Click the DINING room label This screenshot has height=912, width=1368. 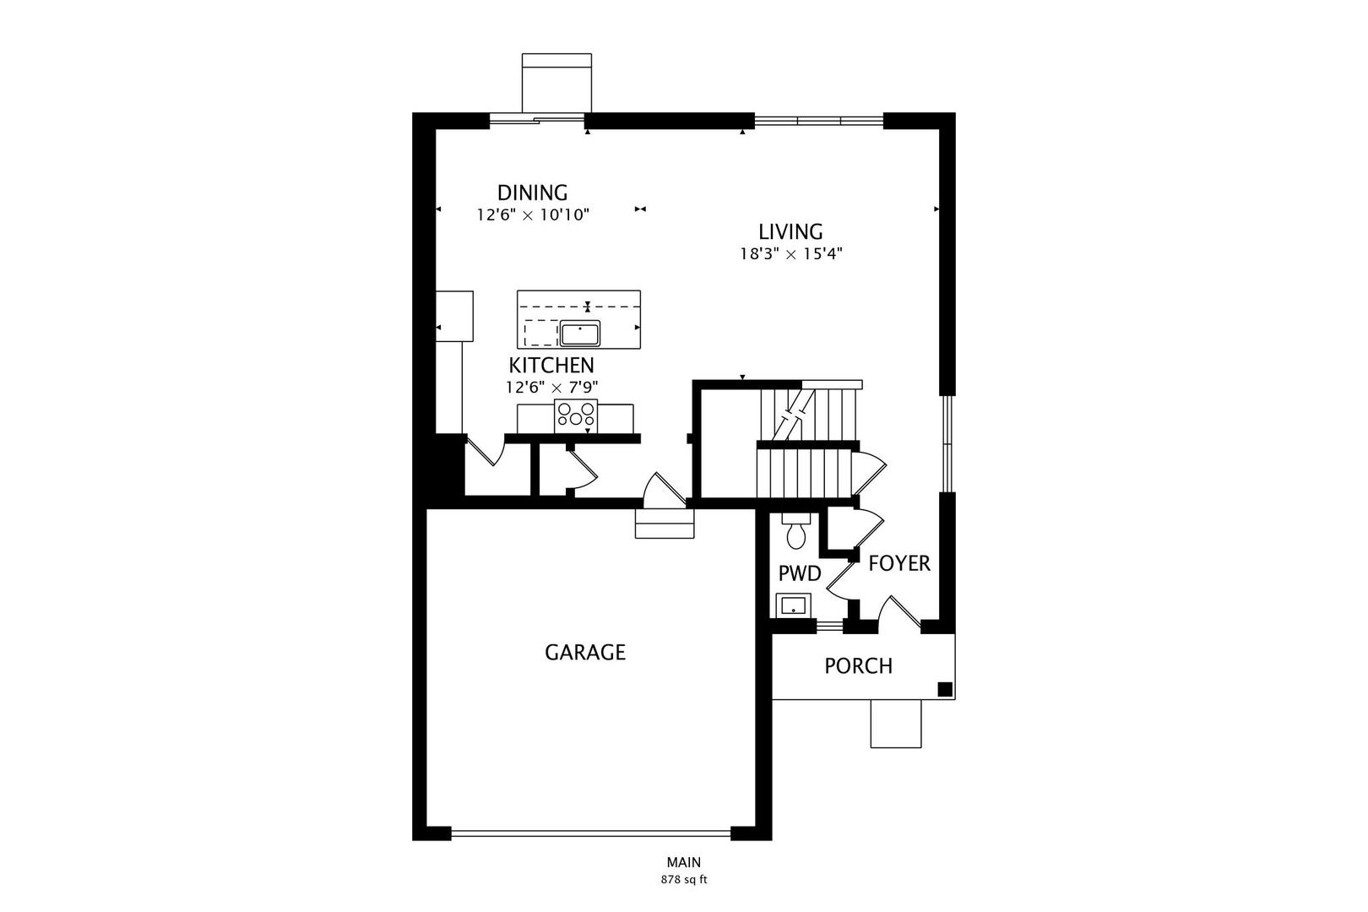pos(532,193)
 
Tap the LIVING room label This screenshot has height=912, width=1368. pos(790,231)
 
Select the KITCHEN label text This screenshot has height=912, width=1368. pos(551,366)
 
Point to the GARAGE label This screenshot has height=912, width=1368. pos(585,652)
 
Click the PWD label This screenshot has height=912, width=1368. pos(799,574)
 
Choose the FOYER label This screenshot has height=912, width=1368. pos(899,563)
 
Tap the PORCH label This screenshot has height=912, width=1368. pos(858,666)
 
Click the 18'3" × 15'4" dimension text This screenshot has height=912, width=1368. pos(791,253)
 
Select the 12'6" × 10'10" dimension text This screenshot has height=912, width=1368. pos(532,215)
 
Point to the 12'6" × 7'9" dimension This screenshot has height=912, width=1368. pos(551,388)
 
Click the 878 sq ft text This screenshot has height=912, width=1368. pos(684,880)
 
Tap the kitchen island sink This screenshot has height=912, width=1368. pos(579,334)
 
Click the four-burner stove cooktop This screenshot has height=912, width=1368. pos(576,414)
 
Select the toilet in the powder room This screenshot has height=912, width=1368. pos(795,531)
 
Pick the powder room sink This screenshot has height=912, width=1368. pos(793,605)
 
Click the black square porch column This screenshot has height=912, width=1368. pos(945,689)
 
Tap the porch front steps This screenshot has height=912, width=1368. pos(896,724)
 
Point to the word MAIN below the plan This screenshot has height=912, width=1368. pos(684,863)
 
